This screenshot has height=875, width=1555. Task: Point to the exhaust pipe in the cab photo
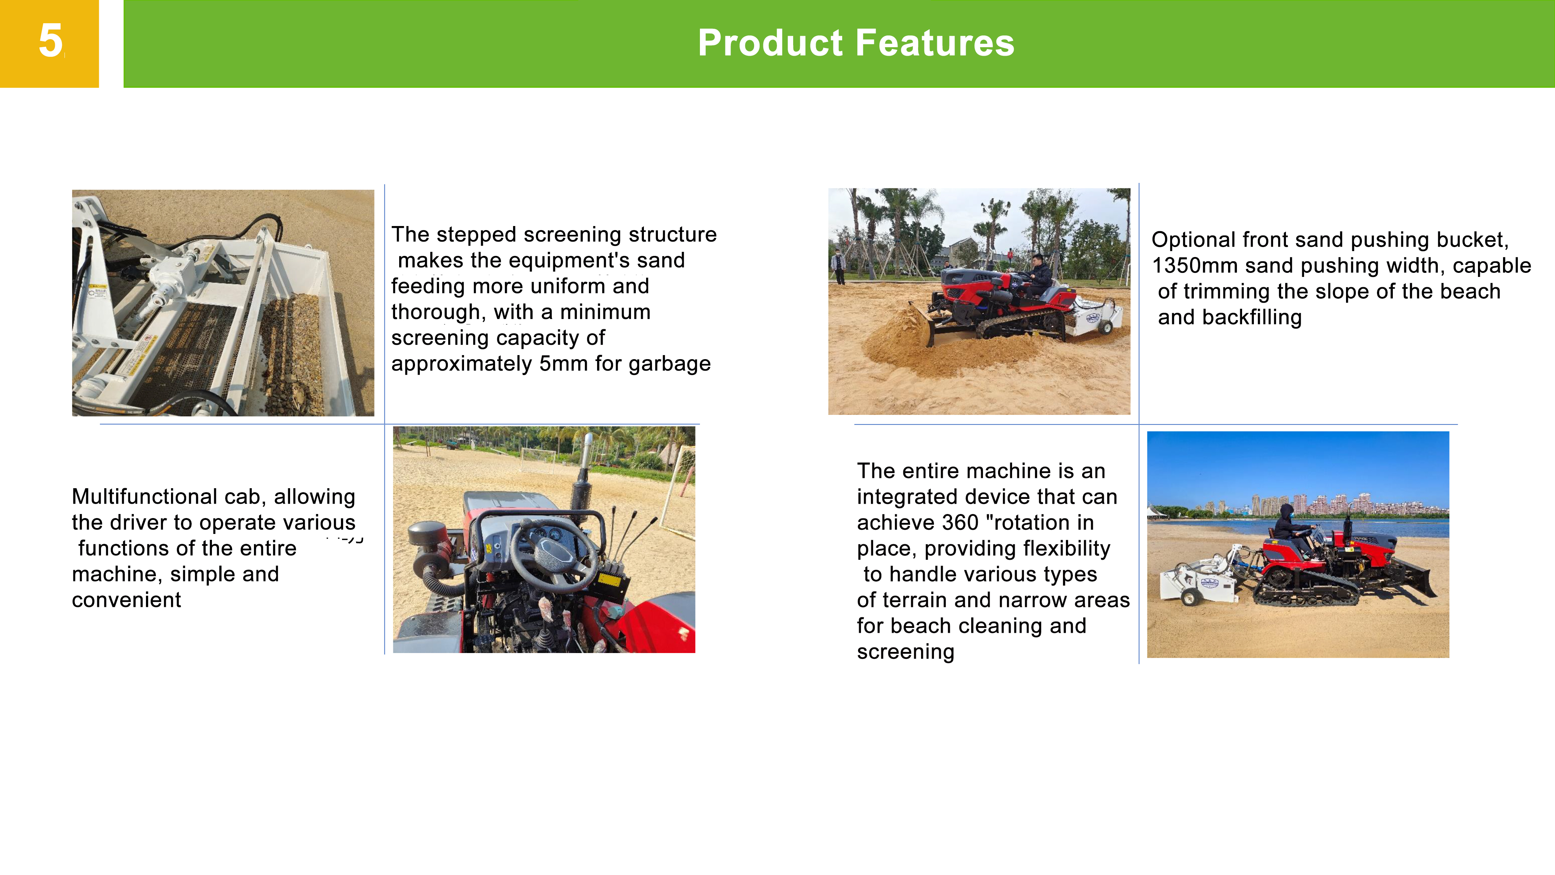point(582,477)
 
